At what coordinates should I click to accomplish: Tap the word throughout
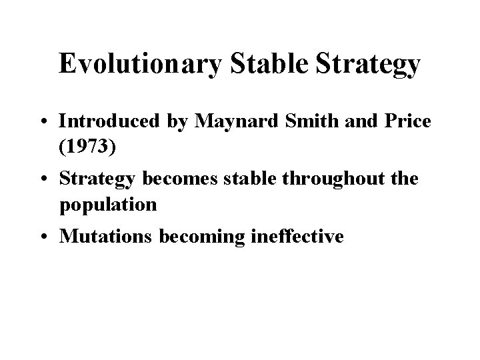[346, 179]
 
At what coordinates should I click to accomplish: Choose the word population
[108, 204]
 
